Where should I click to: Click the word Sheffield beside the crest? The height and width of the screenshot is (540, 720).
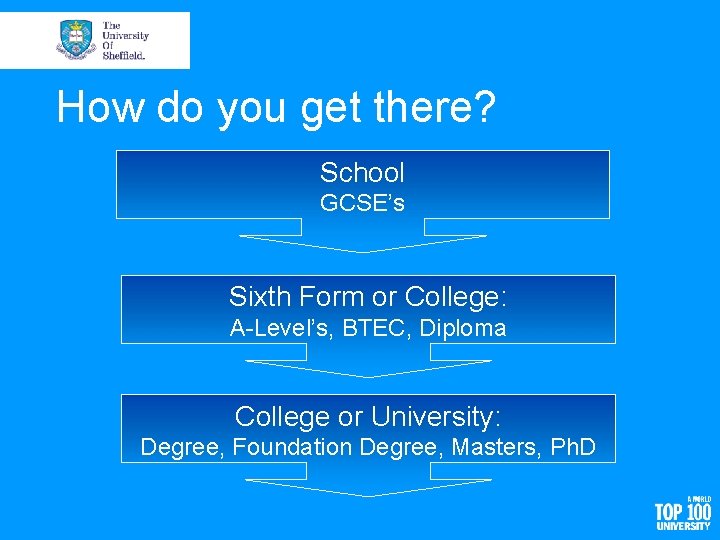[x=124, y=56]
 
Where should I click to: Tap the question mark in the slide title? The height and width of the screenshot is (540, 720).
[x=484, y=108]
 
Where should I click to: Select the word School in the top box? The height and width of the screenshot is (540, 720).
[x=362, y=173]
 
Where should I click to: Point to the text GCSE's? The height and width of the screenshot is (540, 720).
[x=362, y=203]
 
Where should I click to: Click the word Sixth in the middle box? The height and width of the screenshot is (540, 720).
[x=257, y=297]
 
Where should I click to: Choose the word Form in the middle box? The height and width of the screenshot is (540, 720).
[x=325, y=297]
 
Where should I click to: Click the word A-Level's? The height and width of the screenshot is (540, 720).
[x=283, y=328]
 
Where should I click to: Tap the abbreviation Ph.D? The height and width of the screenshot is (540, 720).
[x=573, y=447]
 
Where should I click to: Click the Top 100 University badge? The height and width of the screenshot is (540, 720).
[x=684, y=513]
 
